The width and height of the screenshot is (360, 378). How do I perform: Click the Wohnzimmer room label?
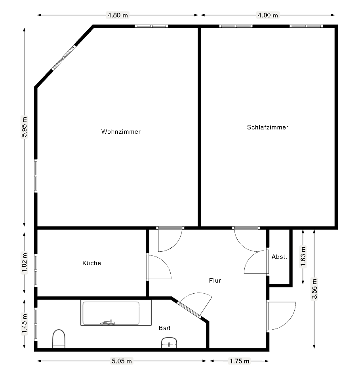(x=121, y=132)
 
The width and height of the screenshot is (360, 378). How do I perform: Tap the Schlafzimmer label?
(x=268, y=127)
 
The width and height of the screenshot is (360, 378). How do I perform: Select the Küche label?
(x=91, y=263)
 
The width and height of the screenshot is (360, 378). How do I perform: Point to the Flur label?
(x=215, y=280)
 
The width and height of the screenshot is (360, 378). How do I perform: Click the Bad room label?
(x=165, y=328)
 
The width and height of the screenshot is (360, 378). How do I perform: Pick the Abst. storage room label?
(x=280, y=257)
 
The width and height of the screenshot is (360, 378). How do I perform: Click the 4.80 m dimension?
(x=118, y=15)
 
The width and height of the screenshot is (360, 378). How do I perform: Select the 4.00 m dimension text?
(x=268, y=15)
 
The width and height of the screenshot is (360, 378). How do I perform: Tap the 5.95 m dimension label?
(x=25, y=127)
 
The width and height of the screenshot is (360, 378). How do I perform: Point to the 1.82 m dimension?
(x=25, y=263)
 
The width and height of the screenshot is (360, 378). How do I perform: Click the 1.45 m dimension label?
(x=25, y=324)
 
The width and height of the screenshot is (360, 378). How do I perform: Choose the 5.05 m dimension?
(x=122, y=361)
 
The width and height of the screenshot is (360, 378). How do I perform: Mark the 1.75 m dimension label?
(x=239, y=361)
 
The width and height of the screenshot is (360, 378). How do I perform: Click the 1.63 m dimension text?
(x=303, y=256)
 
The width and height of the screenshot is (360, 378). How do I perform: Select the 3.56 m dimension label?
(x=314, y=289)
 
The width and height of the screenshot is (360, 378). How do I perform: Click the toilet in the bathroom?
(x=59, y=339)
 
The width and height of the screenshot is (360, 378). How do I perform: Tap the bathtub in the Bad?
(x=116, y=313)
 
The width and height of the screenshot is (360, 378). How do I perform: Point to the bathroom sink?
(x=169, y=343)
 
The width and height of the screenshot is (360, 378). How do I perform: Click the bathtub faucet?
(x=108, y=323)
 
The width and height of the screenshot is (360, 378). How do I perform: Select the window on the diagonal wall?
(x=64, y=58)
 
